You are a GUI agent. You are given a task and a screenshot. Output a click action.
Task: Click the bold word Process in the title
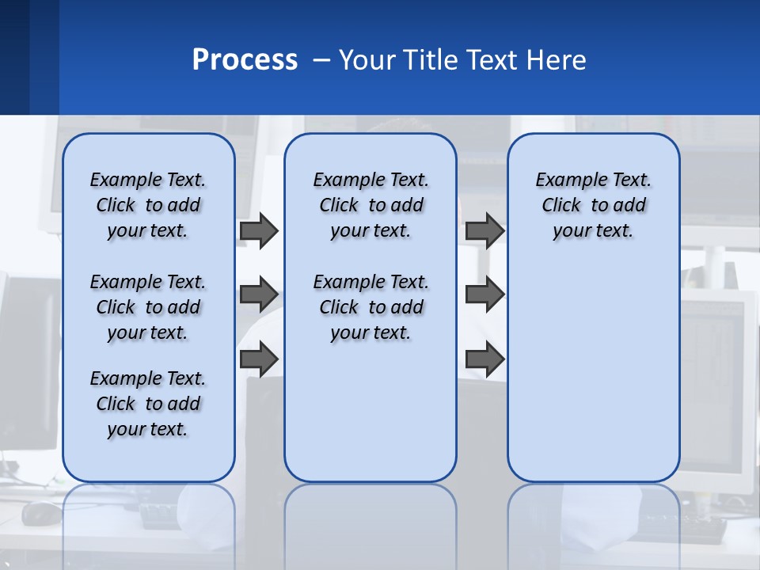(245, 60)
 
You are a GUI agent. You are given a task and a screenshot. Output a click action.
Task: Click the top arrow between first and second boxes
(259, 231)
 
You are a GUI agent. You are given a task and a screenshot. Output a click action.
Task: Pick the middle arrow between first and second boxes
(259, 294)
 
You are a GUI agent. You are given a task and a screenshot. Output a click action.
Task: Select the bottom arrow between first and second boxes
(259, 359)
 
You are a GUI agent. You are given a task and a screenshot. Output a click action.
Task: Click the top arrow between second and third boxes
(484, 231)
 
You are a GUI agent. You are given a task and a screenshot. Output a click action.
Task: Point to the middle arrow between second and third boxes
(484, 294)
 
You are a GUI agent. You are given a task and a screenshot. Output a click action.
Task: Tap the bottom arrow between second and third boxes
(484, 359)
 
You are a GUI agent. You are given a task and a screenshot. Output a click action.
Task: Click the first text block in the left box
(148, 205)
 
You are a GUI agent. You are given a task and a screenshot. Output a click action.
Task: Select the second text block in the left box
(148, 307)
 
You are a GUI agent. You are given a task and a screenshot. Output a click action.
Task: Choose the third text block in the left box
(148, 404)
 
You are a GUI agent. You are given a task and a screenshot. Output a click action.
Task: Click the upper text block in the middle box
(370, 205)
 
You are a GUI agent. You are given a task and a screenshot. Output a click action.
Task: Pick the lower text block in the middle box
(370, 307)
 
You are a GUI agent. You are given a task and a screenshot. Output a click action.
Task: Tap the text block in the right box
(593, 205)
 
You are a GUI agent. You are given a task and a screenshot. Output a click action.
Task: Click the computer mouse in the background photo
(40, 513)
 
